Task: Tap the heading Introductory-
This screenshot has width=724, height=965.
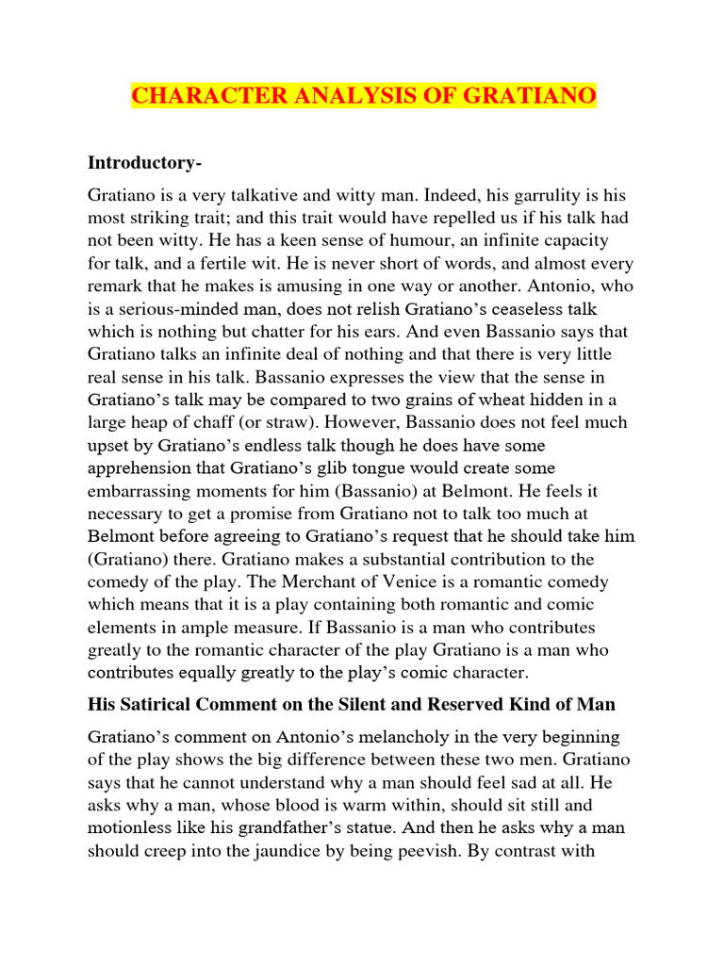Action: tap(144, 162)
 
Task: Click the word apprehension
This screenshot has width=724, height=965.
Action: tap(143, 468)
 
